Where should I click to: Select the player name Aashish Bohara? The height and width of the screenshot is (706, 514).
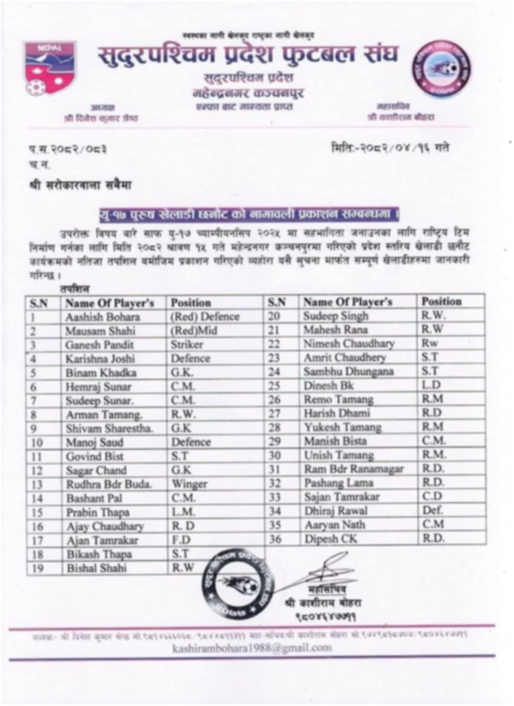(x=103, y=317)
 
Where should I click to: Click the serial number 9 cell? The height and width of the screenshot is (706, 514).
(x=35, y=428)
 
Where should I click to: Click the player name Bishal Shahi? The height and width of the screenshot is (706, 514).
(x=97, y=568)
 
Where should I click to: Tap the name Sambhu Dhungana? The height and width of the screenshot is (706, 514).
(x=349, y=371)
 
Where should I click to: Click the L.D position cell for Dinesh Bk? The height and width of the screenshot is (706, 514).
(x=431, y=385)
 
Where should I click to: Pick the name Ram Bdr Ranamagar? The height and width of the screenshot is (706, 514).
(x=354, y=469)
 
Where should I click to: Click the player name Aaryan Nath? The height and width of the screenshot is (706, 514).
(x=334, y=525)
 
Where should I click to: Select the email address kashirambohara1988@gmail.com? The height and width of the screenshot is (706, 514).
(x=252, y=648)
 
